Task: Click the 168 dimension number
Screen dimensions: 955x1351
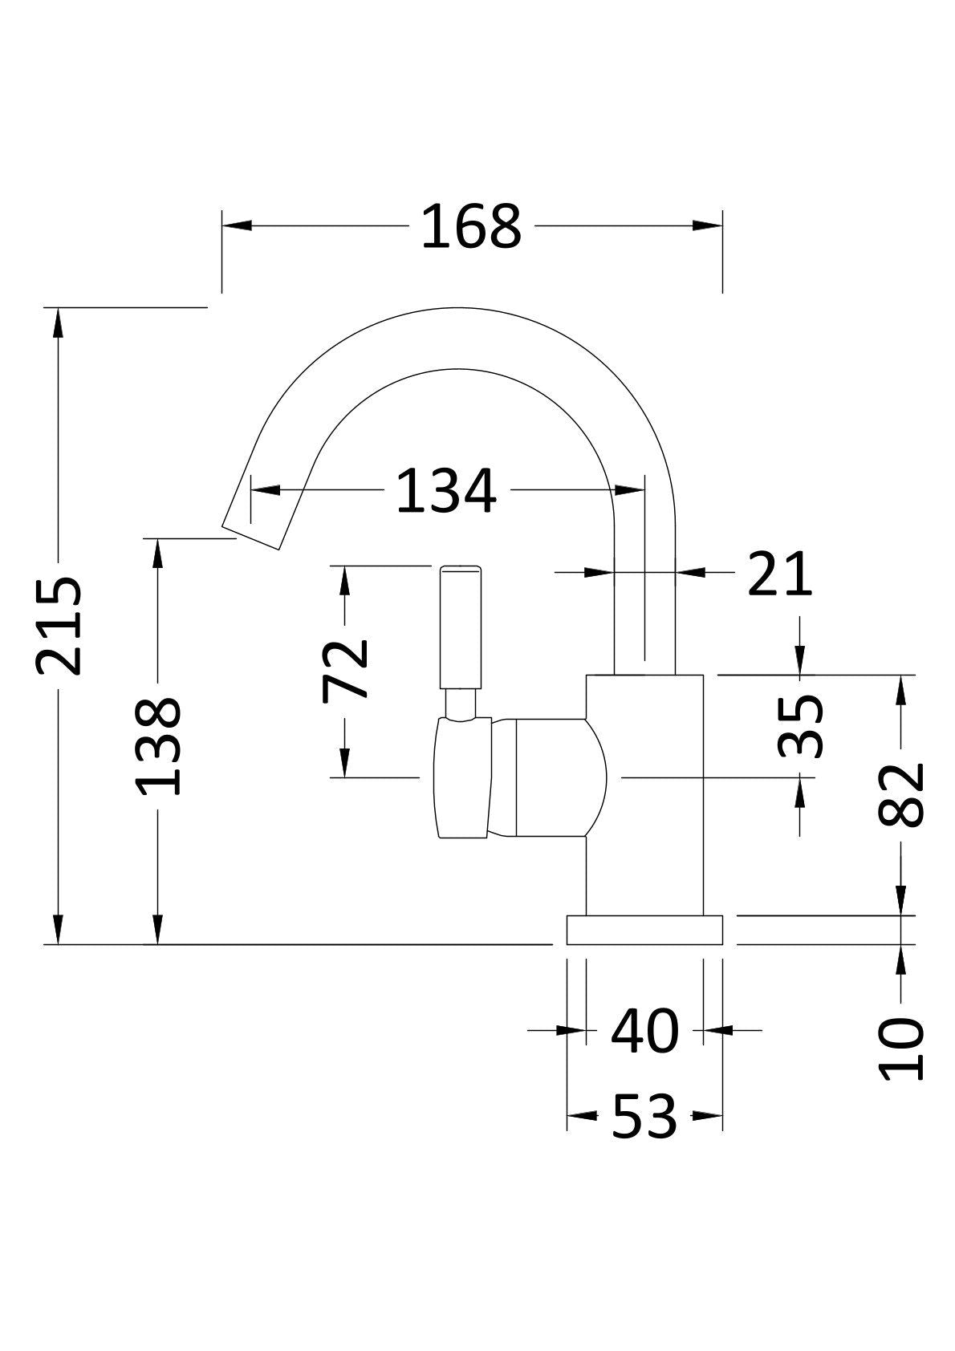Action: point(470,226)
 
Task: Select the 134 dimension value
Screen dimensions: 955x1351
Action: point(446,490)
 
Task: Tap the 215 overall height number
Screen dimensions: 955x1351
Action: point(59,626)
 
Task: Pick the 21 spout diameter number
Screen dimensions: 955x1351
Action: point(779,573)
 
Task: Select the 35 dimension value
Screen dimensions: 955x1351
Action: point(800,725)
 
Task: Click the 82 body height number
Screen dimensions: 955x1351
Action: point(900,795)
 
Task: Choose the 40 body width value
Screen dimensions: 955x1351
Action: point(645,1031)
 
